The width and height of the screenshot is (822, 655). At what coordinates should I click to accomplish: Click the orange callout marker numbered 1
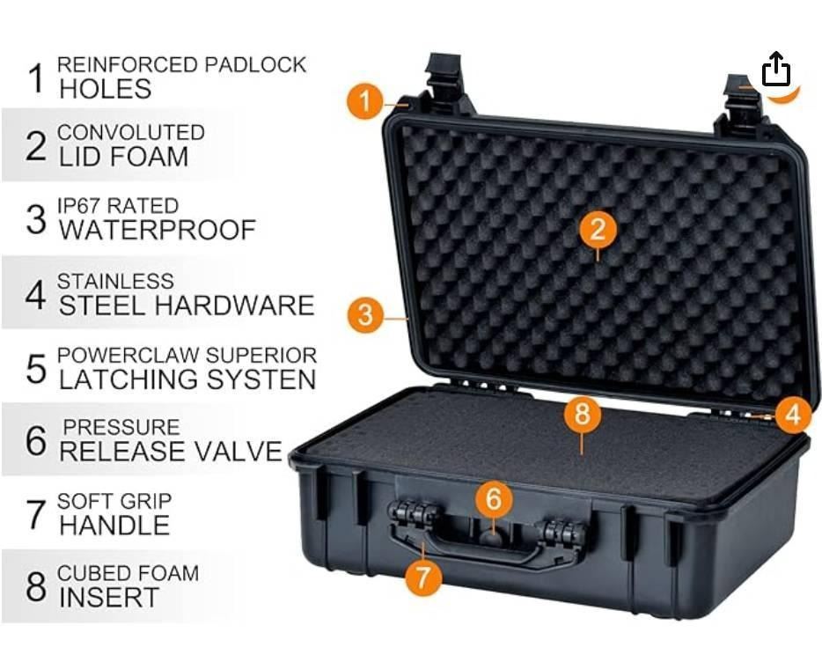[x=365, y=100]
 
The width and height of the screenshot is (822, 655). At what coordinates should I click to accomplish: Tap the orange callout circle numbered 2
[x=598, y=229]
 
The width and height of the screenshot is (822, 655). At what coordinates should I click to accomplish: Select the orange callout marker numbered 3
[x=365, y=314]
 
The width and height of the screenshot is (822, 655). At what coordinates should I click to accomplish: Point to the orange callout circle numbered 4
[x=793, y=415]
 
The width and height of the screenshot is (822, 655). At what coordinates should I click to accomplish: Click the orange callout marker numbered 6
[x=494, y=497]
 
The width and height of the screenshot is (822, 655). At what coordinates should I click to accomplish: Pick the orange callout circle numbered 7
[x=423, y=577]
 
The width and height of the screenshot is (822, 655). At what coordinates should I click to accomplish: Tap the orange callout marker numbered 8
[x=583, y=413]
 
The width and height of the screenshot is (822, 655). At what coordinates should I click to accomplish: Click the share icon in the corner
[x=776, y=69]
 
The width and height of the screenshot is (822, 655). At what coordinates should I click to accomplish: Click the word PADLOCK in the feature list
[x=254, y=64]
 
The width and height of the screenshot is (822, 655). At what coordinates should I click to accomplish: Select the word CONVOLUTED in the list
[x=131, y=133]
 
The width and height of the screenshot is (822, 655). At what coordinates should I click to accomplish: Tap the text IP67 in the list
[x=81, y=206]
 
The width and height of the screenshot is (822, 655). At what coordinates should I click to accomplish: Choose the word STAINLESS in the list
[x=115, y=282]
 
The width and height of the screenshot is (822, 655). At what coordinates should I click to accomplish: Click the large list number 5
[x=36, y=369]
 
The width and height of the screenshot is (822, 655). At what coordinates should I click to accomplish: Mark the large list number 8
[x=36, y=586]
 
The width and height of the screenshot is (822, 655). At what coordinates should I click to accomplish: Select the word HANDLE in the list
[x=114, y=525]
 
